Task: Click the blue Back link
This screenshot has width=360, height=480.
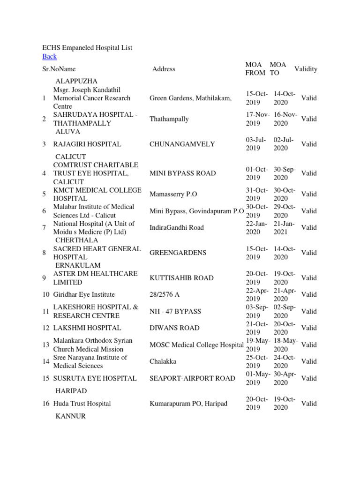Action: [49, 57]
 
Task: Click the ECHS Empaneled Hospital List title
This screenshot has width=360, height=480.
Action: [87, 47]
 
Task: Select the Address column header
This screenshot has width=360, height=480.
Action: [164, 69]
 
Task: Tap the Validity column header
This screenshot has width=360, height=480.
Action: [306, 69]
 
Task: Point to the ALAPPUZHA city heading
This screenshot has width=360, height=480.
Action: [77, 82]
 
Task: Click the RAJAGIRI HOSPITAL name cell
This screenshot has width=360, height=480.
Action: [87, 144]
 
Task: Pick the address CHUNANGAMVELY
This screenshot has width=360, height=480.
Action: [182, 144]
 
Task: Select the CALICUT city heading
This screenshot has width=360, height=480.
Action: [71, 157]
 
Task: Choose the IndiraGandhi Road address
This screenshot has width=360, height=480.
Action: [177, 228]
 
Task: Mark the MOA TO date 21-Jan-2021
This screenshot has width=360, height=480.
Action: [284, 228]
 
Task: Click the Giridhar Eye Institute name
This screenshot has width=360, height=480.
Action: [84, 295]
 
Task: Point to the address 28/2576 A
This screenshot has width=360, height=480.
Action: [165, 295]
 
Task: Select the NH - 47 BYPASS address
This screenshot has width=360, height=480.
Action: [175, 311]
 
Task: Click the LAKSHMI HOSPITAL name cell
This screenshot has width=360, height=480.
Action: [87, 328]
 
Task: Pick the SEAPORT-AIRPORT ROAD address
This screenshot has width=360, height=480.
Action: [192, 378]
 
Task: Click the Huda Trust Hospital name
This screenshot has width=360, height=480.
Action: [82, 404]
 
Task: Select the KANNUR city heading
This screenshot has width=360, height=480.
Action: [71, 416]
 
